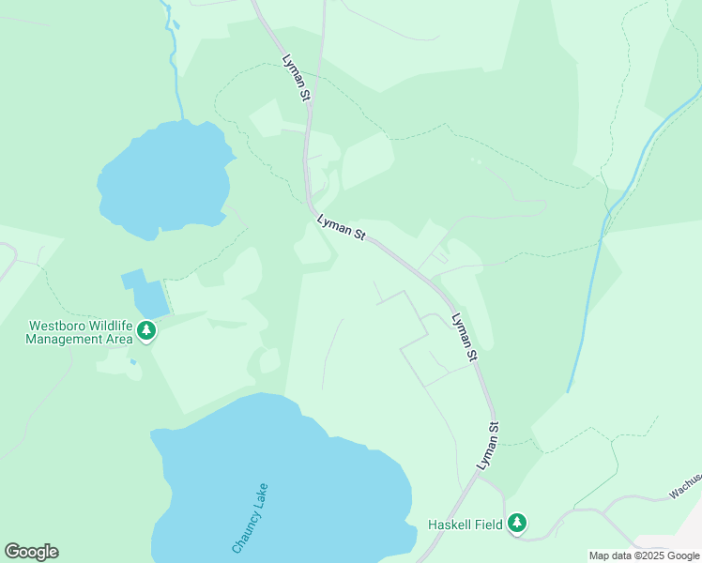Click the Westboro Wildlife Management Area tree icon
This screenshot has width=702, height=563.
coord(145,330)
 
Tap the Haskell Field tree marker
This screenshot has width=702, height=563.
coord(516,524)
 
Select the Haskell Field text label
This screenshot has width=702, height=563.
coord(465,525)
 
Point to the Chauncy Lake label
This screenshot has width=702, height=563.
coord(251,518)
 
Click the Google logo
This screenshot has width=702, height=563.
coord(31,551)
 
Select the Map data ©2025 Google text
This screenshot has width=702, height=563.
coord(644,555)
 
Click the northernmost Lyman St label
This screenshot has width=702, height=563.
coord(296,77)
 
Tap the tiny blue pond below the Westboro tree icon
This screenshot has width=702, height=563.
coord(133,361)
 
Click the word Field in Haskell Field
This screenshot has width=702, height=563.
coord(487,525)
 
